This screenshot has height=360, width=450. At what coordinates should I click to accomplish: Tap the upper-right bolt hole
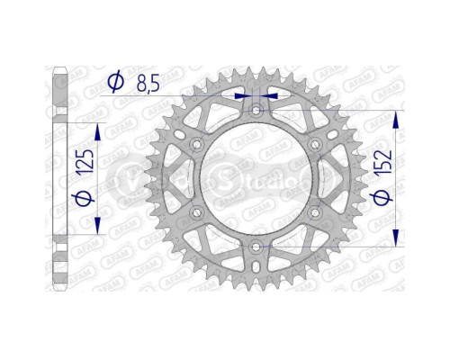pyautogui.click(x=314, y=144)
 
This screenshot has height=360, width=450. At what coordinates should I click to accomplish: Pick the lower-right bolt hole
pyautogui.click(x=314, y=212)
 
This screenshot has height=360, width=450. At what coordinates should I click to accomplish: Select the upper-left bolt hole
pyautogui.click(x=197, y=144)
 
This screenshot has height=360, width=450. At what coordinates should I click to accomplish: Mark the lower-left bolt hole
pyautogui.click(x=197, y=212)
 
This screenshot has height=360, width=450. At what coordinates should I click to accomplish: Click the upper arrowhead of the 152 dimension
pyautogui.click(x=397, y=117)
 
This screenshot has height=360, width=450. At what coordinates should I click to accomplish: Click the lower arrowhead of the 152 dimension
pyautogui.click(x=397, y=239)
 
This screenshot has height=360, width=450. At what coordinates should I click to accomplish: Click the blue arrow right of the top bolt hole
pyautogui.click(x=272, y=93)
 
